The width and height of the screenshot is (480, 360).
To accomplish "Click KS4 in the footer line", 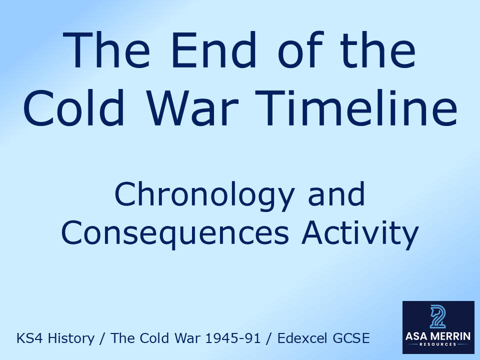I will (28, 338).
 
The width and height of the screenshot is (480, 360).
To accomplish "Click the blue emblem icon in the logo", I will (438, 316).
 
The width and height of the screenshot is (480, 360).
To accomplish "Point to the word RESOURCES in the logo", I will (438, 345).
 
